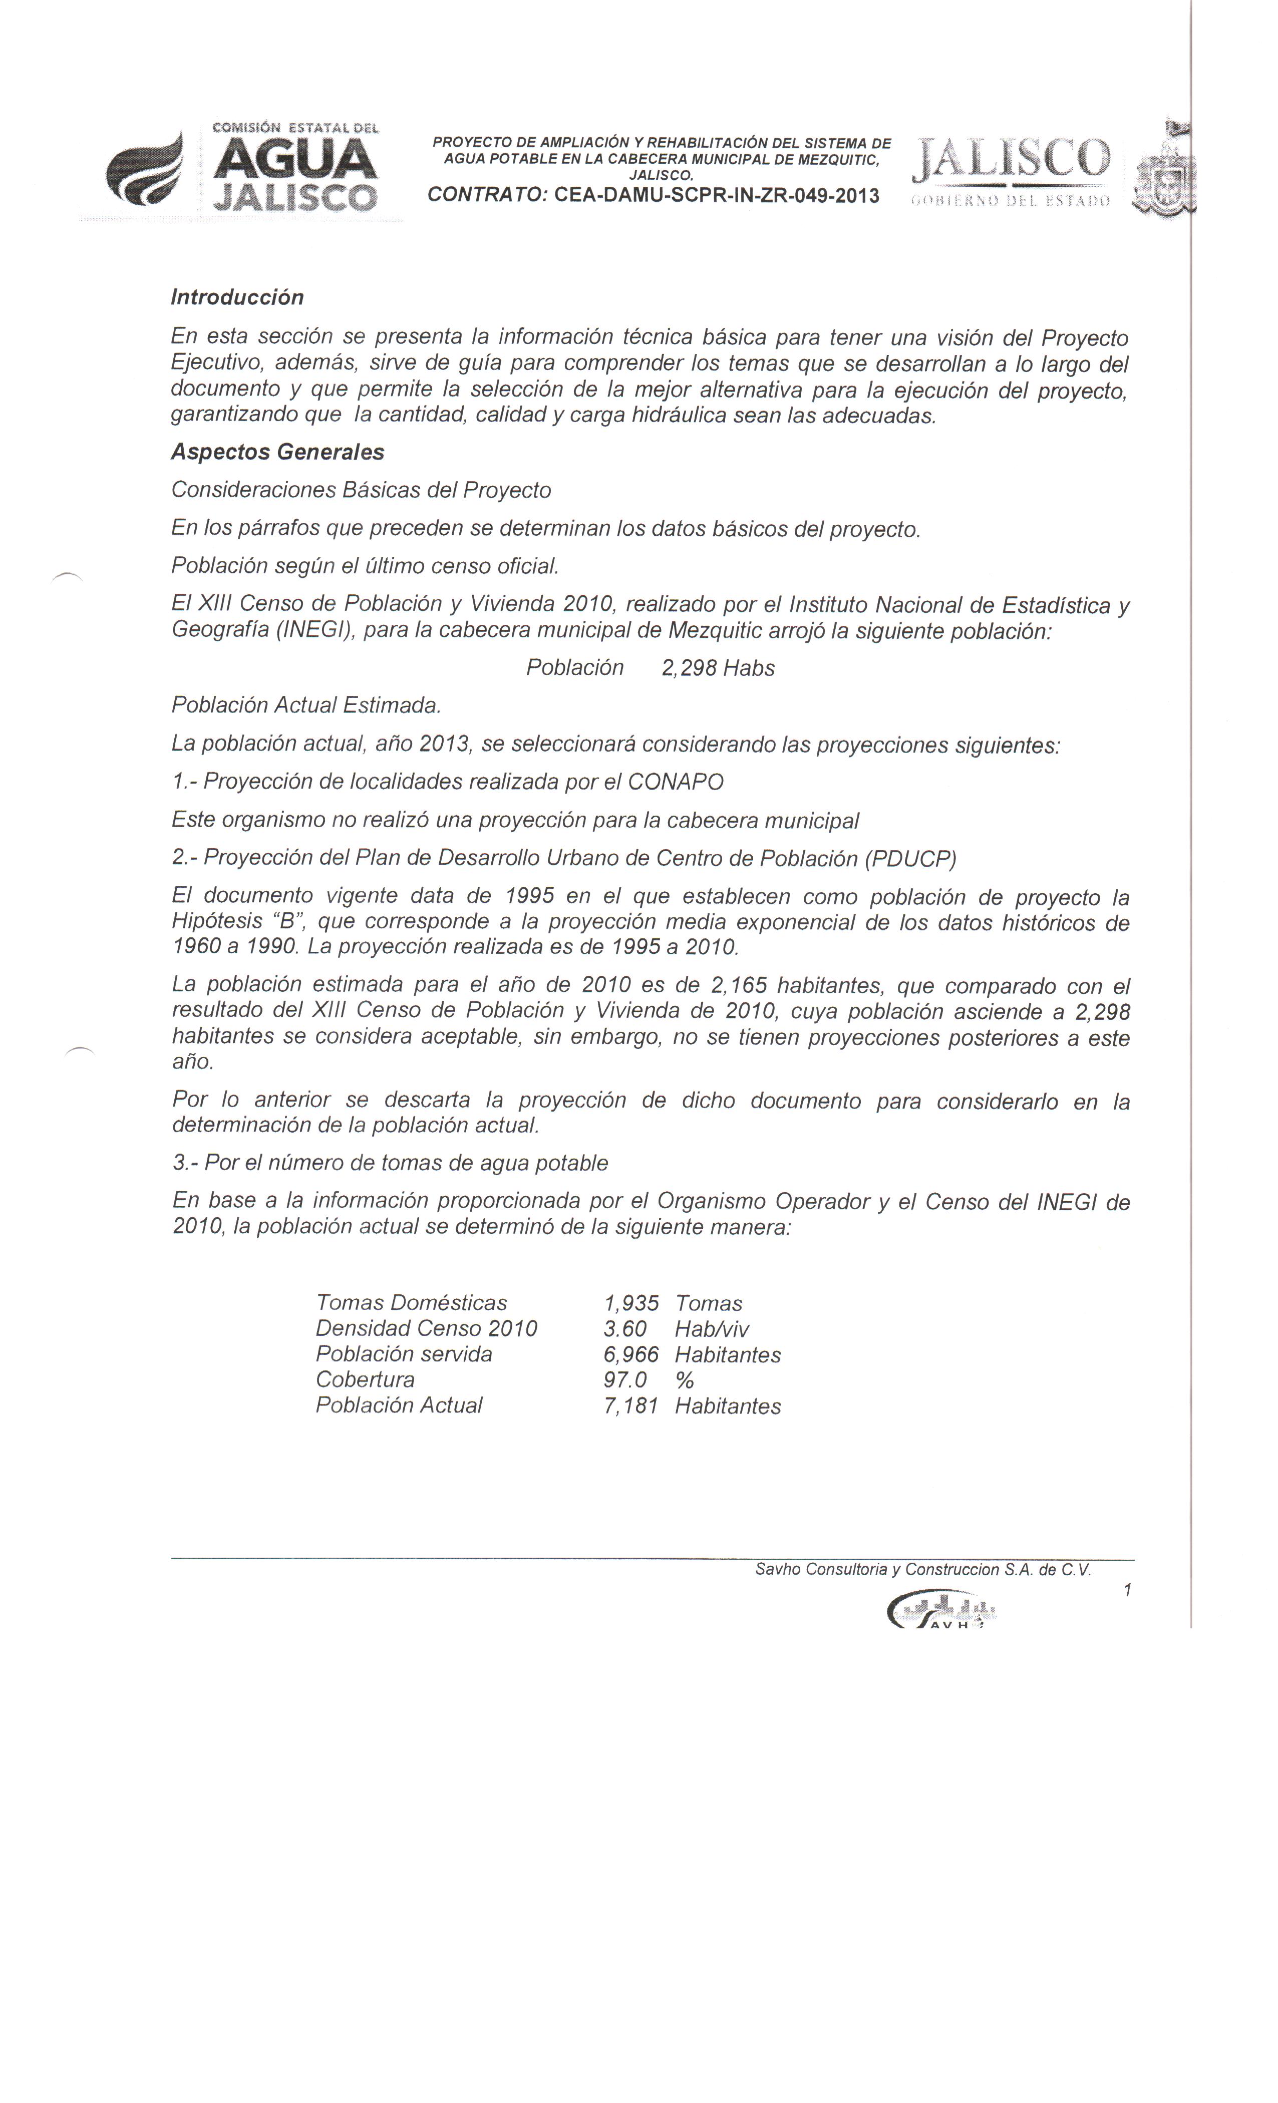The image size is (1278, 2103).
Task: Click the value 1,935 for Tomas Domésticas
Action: [631, 1303]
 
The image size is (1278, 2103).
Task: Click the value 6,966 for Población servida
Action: [631, 1354]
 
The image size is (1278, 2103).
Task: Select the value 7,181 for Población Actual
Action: [631, 1406]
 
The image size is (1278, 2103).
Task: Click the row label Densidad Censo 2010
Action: [426, 1329]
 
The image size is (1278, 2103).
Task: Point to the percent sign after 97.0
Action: [684, 1380]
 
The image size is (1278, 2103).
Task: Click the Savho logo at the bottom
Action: [941, 1610]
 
